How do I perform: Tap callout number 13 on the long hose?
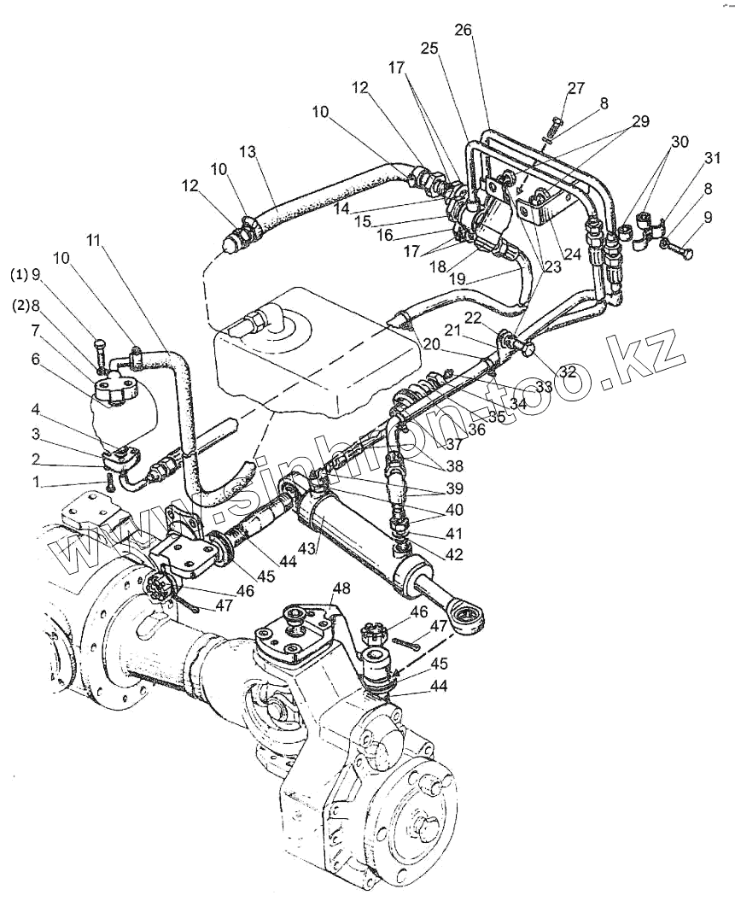[248, 152]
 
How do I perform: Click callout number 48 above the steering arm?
[341, 588]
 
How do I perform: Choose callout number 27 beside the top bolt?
[576, 88]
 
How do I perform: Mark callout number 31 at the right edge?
[712, 158]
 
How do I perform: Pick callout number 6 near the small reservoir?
[36, 359]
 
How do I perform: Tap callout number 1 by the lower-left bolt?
[36, 483]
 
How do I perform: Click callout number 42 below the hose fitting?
[453, 554]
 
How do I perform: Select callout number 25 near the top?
[429, 49]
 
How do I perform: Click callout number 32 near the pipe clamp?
[568, 372]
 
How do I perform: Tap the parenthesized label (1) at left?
[19, 275]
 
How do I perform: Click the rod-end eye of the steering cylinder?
[469, 616]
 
